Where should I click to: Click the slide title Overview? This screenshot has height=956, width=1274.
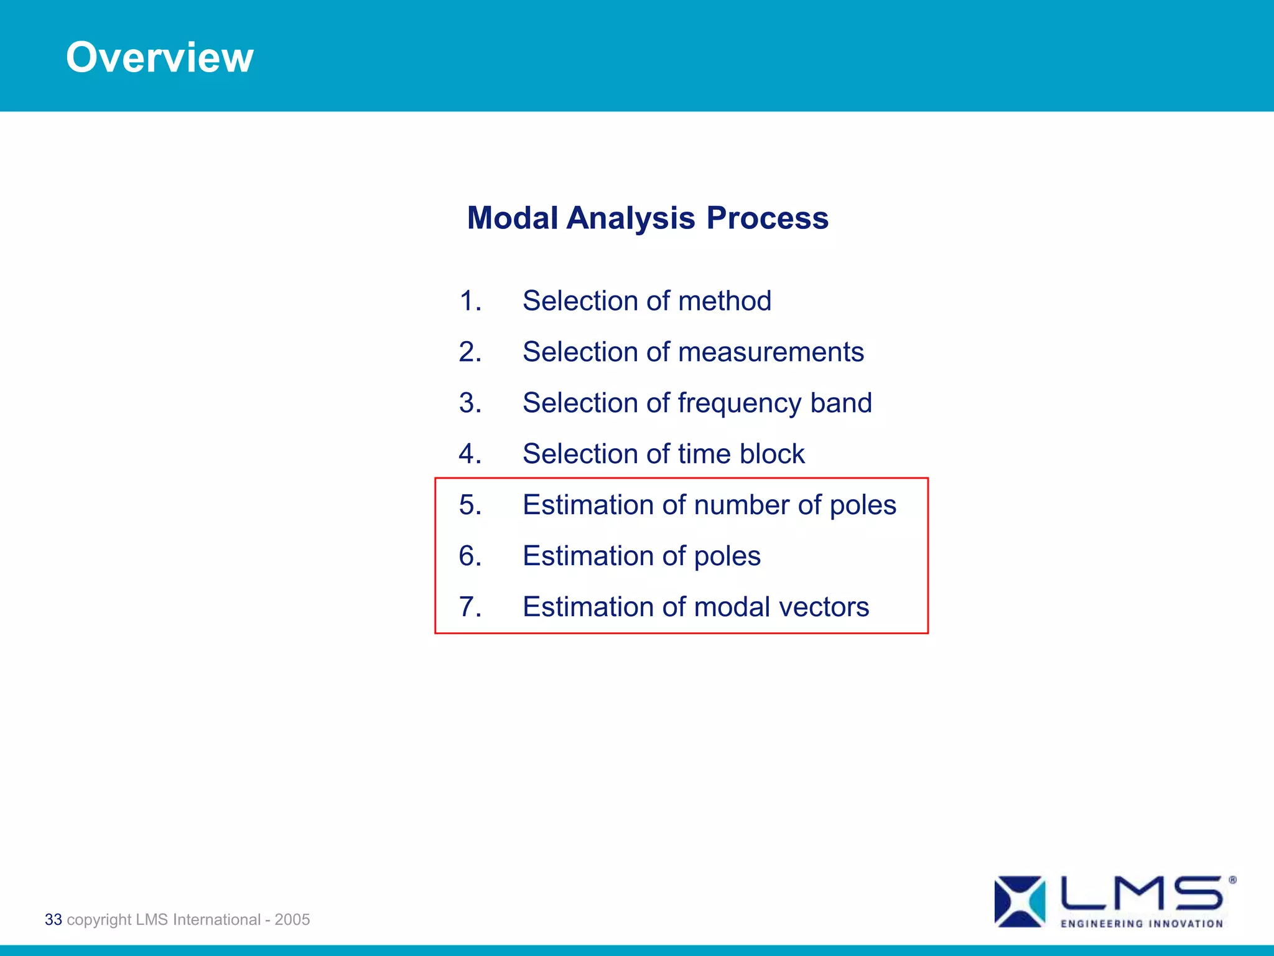[159, 57]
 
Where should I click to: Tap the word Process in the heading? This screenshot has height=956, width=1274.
[767, 218]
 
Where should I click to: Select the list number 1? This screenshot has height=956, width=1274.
[470, 301]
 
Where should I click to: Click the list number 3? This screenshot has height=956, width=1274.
[470, 403]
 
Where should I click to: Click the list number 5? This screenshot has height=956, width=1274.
[470, 505]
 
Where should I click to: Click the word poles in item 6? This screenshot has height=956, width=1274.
[727, 556]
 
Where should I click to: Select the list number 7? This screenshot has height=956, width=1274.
[470, 607]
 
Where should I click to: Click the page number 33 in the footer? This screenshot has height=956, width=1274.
[53, 919]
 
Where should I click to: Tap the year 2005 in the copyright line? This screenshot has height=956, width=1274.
[292, 919]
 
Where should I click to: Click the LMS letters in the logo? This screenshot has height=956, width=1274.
[1141, 894]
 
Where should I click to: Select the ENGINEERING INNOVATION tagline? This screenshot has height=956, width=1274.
[1141, 924]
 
